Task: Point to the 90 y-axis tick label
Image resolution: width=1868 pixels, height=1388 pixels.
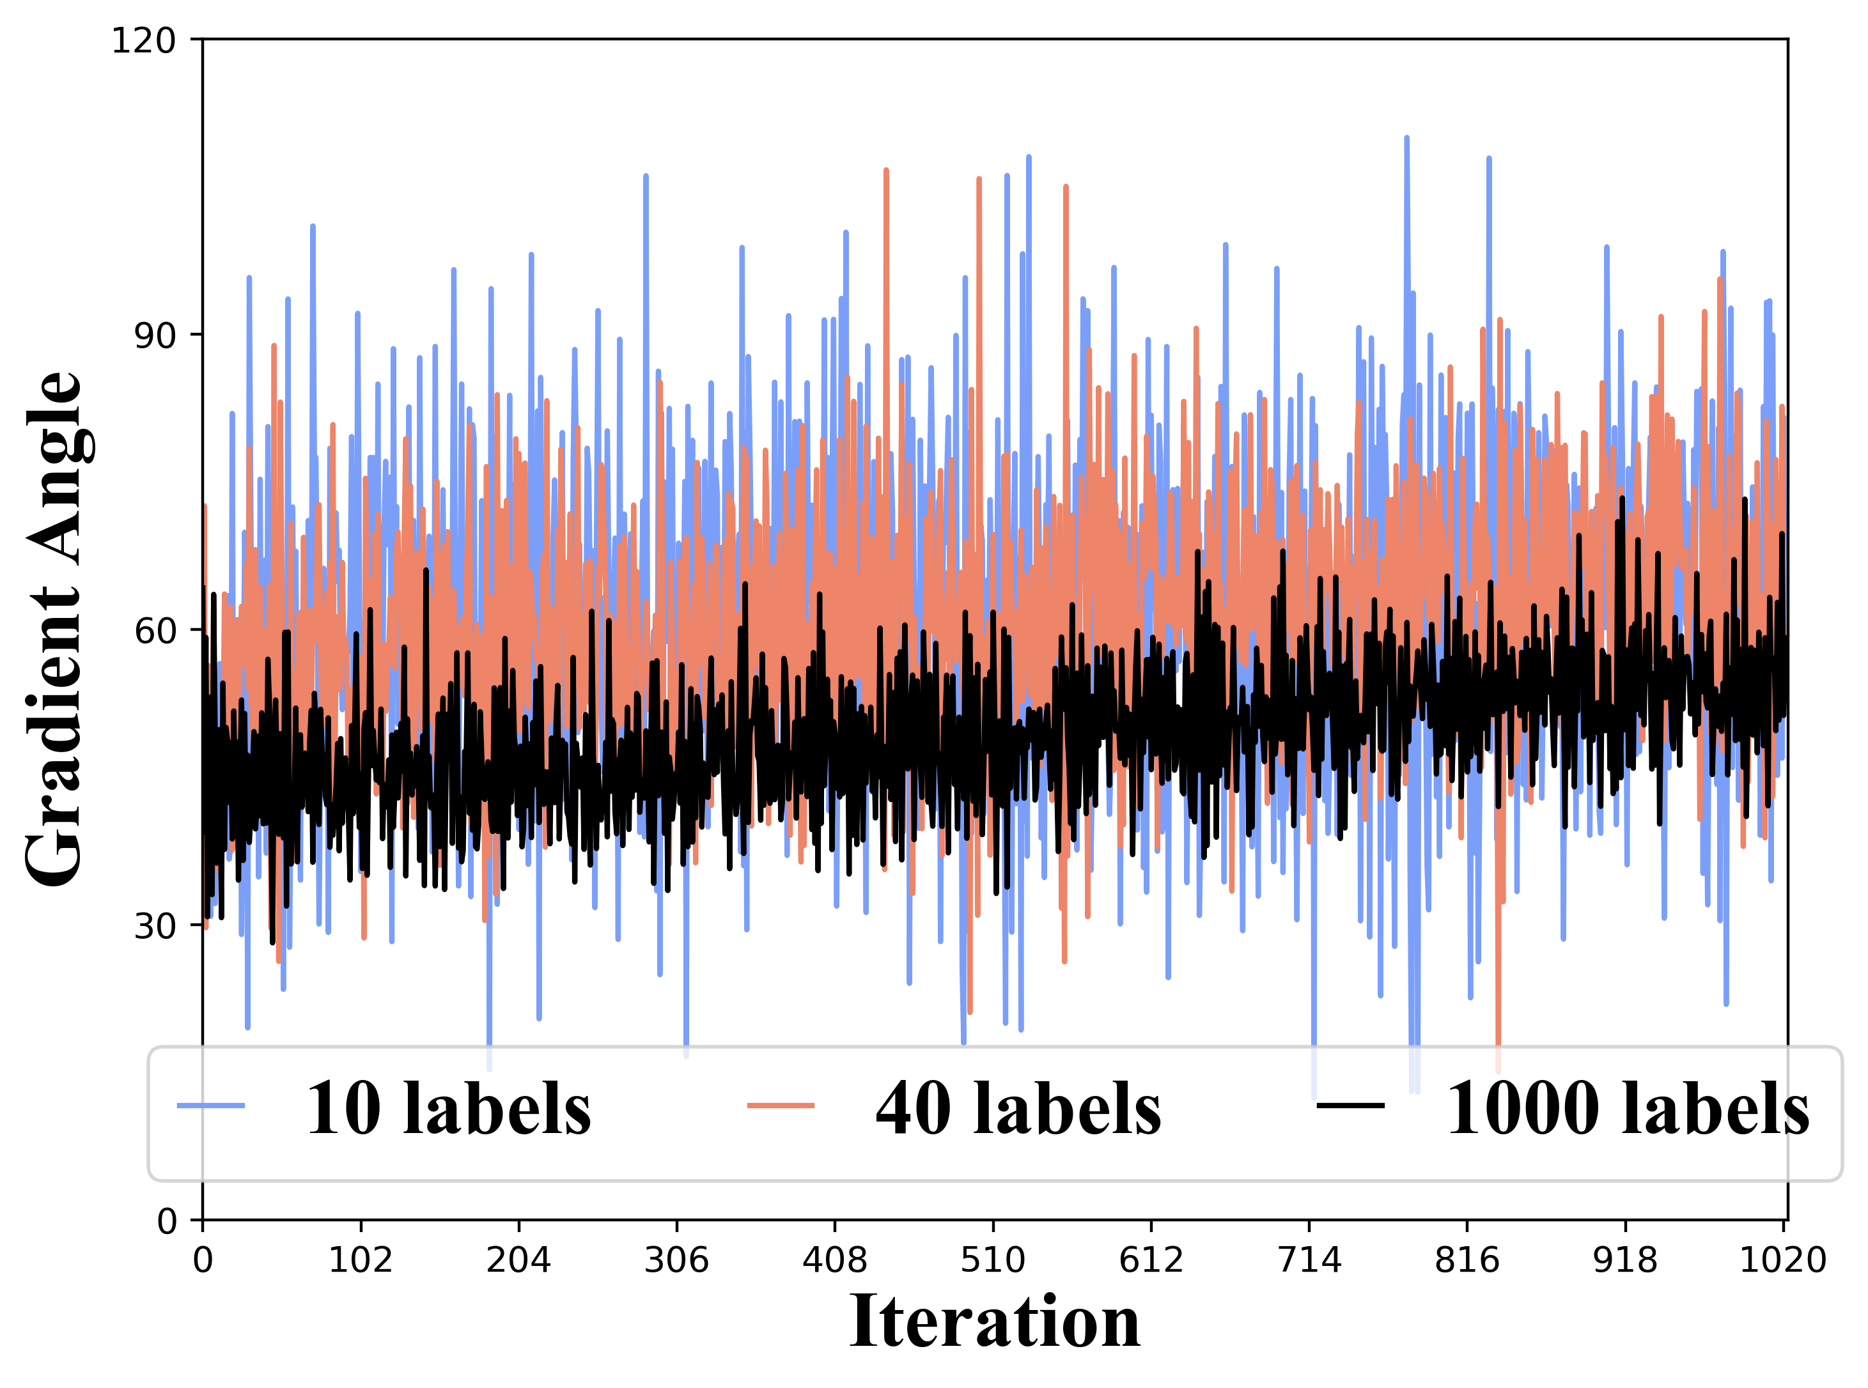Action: pyautogui.click(x=155, y=335)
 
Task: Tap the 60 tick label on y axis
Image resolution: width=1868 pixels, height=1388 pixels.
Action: pyautogui.click(x=155, y=631)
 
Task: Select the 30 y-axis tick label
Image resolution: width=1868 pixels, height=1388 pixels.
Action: pyautogui.click(x=155, y=926)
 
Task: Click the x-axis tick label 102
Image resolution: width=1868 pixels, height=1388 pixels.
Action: pyautogui.click(x=361, y=1260)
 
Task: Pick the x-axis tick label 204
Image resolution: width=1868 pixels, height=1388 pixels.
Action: pyautogui.click(x=518, y=1260)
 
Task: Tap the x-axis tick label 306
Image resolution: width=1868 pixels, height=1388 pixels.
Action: pyautogui.click(x=676, y=1260)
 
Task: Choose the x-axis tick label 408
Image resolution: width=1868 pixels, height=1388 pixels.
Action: pyautogui.click(x=834, y=1260)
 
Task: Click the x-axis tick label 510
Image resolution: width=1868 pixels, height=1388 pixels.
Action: pyautogui.click(x=992, y=1260)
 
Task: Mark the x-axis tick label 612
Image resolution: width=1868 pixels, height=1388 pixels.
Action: pyautogui.click(x=1150, y=1260)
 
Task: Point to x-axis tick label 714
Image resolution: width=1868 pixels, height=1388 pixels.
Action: pyautogui.click(x=1309, y=1260)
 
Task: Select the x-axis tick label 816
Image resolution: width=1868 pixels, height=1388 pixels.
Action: pyautogui.click(x=1467, y=1260)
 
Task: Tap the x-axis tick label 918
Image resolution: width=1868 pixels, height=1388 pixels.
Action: pyautogui.click(x=1625, y=1260)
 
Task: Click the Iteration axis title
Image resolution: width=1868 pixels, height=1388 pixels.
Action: pyautogui.click(x=994, y=1322)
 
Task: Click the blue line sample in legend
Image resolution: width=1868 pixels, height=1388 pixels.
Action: pyautogui.click(x=211, y=1106)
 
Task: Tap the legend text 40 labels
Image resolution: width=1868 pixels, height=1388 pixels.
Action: pyautogui.click(x=1018, y=1109)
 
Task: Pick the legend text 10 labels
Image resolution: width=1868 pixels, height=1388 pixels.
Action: pyautogui.click(x=448, y=1109)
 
